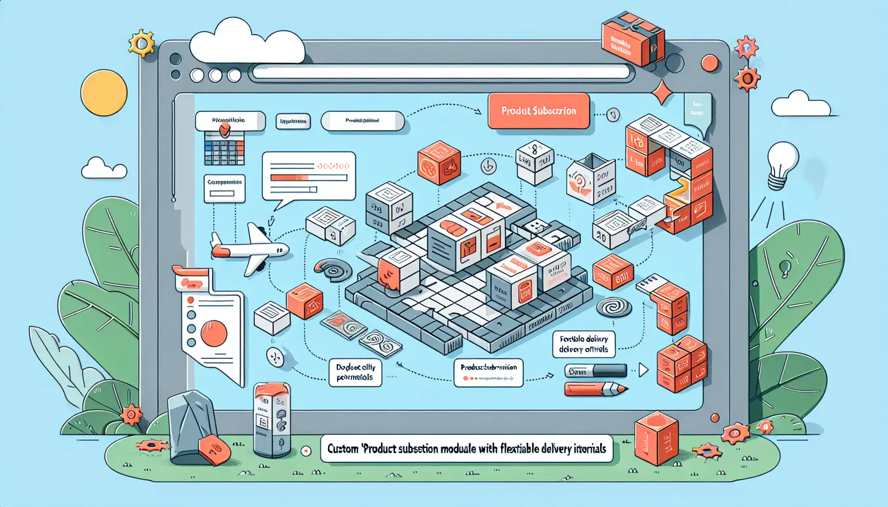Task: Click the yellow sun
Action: tap(104, 93)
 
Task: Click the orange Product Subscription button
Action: tap(538, 111)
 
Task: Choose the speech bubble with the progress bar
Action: tap(308, 174)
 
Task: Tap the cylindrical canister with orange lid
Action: tap(272, 419)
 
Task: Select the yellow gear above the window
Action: tap(141, 43)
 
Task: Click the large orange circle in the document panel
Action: tap(213, 333)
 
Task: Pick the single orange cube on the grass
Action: tap(656, 436)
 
